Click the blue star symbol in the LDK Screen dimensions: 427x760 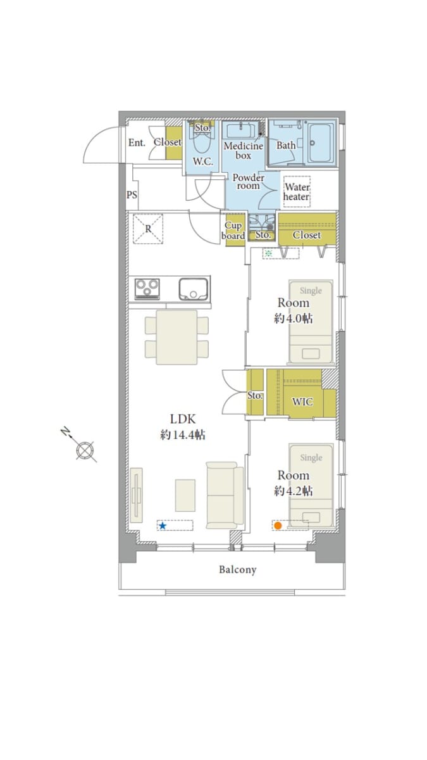point(163,526)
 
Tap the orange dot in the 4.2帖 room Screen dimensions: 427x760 point(278,526)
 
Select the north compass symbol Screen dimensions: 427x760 point(83,448)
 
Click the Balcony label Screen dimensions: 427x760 point(238,569)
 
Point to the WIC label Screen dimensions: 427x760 point(302,402)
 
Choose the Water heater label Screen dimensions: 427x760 point(297,192)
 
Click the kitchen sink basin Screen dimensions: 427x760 point(194,289)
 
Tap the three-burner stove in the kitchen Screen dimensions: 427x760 point(147,289)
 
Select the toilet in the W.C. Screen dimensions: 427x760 point(202,141)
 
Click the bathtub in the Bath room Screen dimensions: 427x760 point(320,143)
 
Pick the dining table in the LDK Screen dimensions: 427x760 point(176,337)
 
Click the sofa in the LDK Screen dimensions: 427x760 point(225,495)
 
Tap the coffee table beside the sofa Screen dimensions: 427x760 point(185,495)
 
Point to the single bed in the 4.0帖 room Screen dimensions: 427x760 point(311,322)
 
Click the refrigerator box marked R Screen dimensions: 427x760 point(148,229)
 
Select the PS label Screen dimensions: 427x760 point(132,195)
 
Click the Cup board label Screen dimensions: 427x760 point(233,231)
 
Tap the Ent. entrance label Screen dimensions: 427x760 point(137,143)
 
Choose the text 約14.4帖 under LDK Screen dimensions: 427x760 point(183,434)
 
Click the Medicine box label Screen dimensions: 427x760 point(244,151)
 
